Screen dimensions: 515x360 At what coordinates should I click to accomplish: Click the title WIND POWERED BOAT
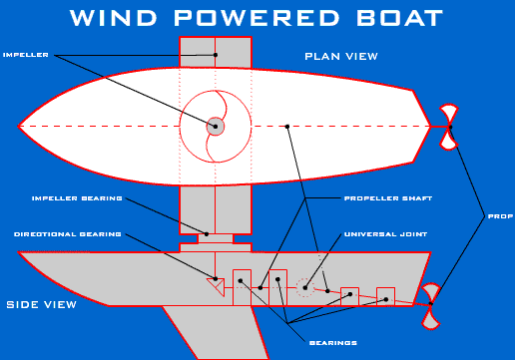(x=257, y=19)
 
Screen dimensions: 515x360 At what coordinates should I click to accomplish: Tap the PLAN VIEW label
(x=341, y=56)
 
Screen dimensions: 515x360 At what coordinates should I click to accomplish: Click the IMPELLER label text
(x=26, y=54)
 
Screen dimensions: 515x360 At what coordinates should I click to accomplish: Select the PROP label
(x=500, y=215)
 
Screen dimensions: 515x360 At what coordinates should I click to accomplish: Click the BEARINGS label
(x=333, y=342)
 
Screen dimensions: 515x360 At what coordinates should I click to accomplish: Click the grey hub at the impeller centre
(x=216, y=127)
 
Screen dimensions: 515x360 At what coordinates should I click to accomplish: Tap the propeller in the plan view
(x=449, y=127)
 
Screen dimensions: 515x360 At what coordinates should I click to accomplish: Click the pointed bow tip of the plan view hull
(x=20, y=127)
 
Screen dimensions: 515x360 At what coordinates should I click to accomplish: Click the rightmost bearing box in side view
(x=386, y=295)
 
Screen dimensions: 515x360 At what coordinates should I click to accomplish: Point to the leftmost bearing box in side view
(x=242, y=285)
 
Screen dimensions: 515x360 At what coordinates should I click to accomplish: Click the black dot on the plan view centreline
(x=286, y=127)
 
